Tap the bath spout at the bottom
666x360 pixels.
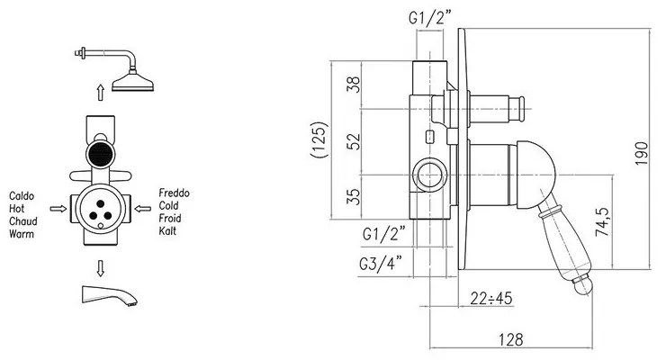click(x=109, y=295)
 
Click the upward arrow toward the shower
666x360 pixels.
click(x=100, y=92)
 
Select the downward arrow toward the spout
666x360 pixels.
click(x=100, y=268)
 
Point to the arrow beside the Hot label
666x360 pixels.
click(x=58, y=209)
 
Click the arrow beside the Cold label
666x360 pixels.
click(x=143, y=209)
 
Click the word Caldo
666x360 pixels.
click(x=22, y=196)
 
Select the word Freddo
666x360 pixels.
click(x=174, y=193)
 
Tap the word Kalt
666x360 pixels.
click(x=167, y=231)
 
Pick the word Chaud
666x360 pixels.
click(x=23, y=221)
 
